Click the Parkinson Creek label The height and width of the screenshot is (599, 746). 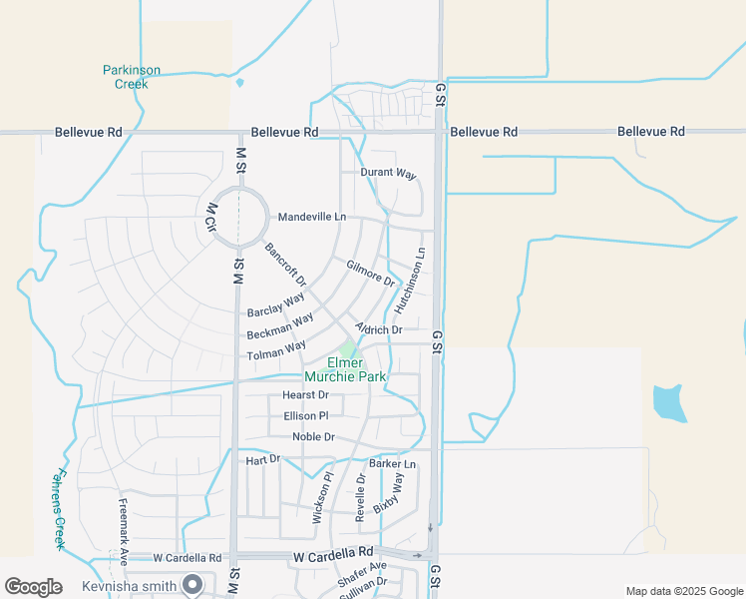click(132, 77)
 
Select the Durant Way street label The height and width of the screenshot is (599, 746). click(388, 174)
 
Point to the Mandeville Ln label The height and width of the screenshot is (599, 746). click(312, 217)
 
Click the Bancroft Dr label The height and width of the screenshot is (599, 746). click(285, 264)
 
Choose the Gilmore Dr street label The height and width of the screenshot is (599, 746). click(371, 273)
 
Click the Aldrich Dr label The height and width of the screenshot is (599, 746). click(379, 328)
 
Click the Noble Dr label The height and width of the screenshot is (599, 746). click(313, 437)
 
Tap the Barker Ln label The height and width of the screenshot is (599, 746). click(392, 464)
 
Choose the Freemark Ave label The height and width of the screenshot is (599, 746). click(124, 526)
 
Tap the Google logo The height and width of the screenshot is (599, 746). click(33, 587)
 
